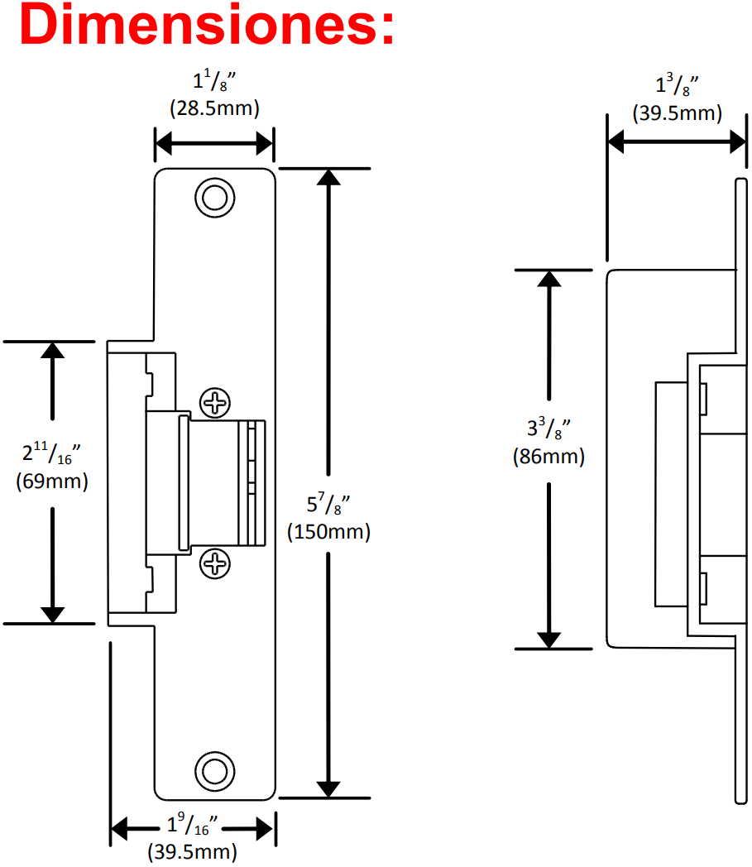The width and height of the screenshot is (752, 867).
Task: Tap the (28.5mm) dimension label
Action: tap(214, 108)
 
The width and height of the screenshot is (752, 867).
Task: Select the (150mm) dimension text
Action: tap(328, 532)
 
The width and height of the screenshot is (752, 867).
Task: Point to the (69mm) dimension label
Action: tap(52, 481)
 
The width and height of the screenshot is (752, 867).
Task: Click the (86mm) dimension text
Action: tap(548, 456)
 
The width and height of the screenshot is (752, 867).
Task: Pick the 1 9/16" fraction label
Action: tap(192, 825)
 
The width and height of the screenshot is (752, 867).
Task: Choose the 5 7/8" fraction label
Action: tap(329, 505)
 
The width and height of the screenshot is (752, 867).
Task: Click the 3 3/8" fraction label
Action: tap(549, 429)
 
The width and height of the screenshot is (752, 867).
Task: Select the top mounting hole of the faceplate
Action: tap(213, 197)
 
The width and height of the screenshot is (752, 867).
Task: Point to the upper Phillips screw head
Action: tap(217, 404)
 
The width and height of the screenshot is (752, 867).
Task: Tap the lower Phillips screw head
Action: tap(217, 564)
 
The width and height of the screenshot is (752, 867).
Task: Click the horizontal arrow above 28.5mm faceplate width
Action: tap(214, 145)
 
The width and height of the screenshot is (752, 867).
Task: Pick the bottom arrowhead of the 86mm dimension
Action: tap(549, 639)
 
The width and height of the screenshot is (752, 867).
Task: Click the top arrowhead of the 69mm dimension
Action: tap(53, 351)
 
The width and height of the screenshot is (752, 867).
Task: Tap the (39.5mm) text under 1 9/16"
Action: tap(192, 851)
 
